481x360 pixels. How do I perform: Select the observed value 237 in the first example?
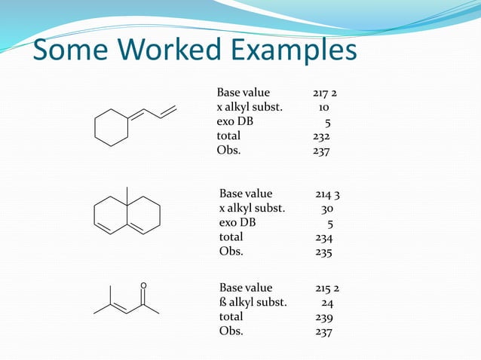[321, 151]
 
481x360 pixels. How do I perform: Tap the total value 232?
[321, 136]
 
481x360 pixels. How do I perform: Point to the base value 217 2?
[325, 93]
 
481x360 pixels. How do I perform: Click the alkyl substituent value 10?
[323, 108]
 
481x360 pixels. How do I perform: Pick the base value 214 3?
[327, 194]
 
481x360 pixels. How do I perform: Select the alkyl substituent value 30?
[328, 209]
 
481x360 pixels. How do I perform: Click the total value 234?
[324, 237]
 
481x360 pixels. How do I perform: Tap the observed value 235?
[324, 252]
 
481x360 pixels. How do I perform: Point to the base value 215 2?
[327, 288]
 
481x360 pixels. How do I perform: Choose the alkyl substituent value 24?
[328, 303]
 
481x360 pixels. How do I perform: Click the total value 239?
[324, 317]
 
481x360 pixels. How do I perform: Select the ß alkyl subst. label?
[253, 303]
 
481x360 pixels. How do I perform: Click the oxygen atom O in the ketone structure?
[143, 285]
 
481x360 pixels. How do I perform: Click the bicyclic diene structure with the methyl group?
[126, 215]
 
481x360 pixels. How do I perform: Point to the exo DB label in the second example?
[237, 223]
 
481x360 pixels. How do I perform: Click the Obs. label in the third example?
[231, 331]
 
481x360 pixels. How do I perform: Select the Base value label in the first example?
[243, 93]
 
